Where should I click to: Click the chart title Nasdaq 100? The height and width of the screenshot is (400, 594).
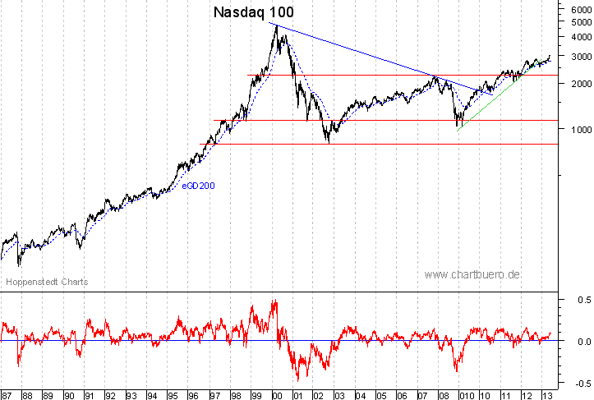(x=252, y=12)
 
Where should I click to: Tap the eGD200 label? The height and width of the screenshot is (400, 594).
(x=199, y=186)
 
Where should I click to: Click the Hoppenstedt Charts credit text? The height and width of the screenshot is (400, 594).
(x=47, y=282)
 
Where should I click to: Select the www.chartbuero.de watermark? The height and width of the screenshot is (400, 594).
(x=472, y=274)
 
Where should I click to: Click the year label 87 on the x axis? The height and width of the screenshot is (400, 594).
(x=7, y=393)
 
